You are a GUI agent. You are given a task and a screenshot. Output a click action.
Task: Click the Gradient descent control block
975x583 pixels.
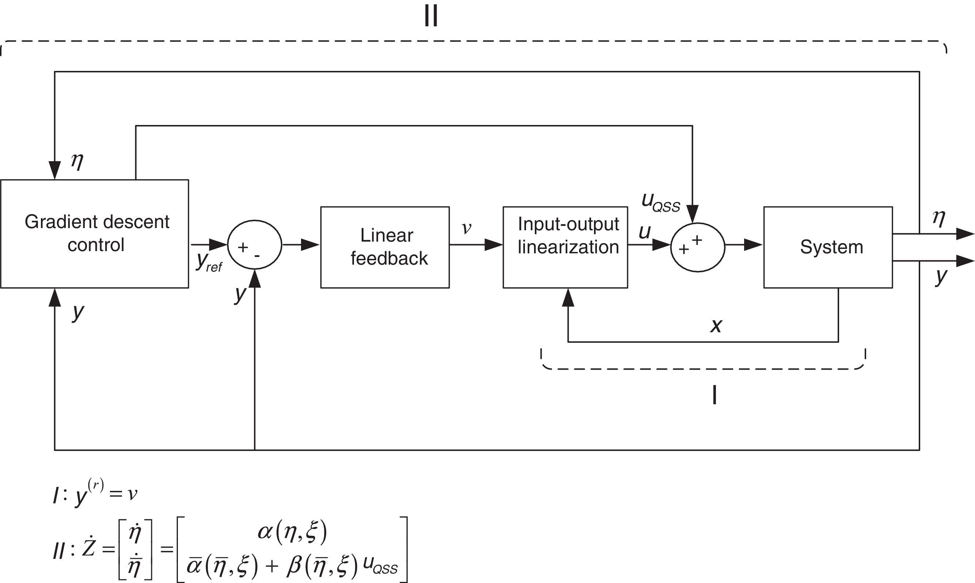pyautogui.click(x=95, y=234)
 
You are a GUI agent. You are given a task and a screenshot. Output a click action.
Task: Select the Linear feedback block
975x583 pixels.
pyautogui.click(x=385, y=247)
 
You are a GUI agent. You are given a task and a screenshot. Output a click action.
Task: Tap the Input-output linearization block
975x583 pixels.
pyautogui.click(x=565, y=247)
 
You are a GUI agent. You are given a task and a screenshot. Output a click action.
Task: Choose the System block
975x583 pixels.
pyautogui.click(x=828, y=247)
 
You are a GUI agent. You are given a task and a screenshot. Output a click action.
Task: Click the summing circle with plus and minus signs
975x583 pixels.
pyautogui.click(x=255, y=245)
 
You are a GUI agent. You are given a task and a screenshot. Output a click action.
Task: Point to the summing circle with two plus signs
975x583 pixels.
pyautogui.click(x=698, y=247)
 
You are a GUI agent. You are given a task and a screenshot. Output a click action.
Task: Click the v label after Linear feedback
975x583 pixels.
pyautogui.click(x=466, y=228)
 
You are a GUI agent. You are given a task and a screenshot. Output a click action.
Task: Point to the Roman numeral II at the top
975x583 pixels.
pyautogui.click(x=431, y=16)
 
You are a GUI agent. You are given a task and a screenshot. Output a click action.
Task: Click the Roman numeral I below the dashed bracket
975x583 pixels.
pyautogui.click(x=715, y=395)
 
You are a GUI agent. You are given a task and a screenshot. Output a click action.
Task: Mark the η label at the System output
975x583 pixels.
pyautogui.click(x=939, y=218)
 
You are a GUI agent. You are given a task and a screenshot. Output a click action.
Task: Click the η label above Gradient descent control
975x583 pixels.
pyautogui.click(x=77, y=161)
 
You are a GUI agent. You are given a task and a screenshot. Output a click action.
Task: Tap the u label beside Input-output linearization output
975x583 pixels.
pyautogui.click(x=644, y=232)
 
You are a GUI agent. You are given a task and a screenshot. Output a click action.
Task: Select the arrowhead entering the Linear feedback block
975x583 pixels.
pyautogui.click(x=311, y=245)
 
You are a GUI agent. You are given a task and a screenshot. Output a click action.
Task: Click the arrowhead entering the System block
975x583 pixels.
pyautogui.click(x=754, y=245)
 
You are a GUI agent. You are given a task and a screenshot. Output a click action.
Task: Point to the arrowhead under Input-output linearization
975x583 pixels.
pyautogui.click(x=568, y=298)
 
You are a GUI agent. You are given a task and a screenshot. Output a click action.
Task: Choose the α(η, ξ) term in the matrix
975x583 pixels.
pyautogui.click(x=292, y=532)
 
